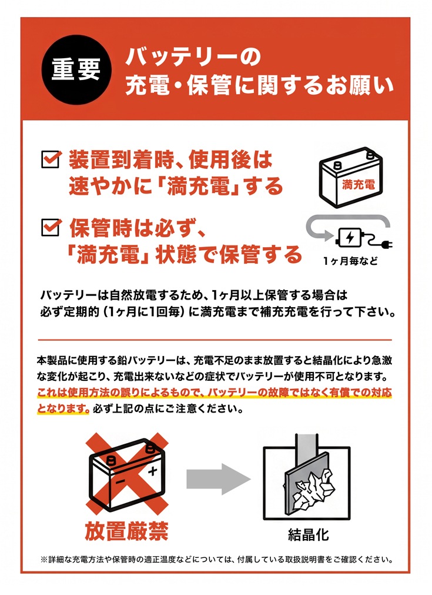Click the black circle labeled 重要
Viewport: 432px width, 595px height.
pos(76,69)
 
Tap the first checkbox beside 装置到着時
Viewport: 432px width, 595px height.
pos(51,159)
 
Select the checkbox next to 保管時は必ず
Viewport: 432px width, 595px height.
pos(51,227)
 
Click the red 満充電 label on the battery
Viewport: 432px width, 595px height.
pos(358,184)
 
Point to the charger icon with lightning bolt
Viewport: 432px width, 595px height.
pos(349,238)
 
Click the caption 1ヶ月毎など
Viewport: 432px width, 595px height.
pos(350,261)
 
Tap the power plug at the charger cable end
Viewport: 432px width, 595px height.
pos(386,244)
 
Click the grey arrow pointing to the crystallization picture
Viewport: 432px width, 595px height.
pos(218,479)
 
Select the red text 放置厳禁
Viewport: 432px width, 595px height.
pos(126,530)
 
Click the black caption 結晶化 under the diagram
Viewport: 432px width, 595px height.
pos(308,534)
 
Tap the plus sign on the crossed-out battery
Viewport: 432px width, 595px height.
pos(152,471)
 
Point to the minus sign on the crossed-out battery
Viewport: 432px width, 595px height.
pos(120,482)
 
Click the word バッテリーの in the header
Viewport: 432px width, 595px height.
pos(193,57)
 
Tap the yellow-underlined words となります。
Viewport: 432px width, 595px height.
pos(63,408)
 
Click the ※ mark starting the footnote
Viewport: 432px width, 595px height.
pos(44,560)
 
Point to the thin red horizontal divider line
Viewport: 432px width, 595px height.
pos(215,340)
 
